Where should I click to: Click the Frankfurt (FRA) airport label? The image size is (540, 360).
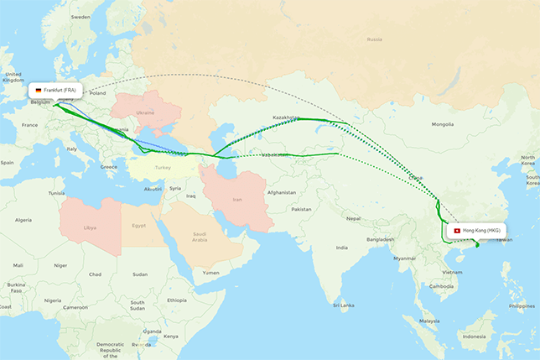(63, 89)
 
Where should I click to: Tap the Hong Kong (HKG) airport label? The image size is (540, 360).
(481, 230)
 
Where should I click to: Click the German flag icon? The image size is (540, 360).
(39, 89)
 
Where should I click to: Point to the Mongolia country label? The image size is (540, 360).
(442, 124)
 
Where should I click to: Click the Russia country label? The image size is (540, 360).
(374, 39)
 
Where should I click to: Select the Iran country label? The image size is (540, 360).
(237, 201)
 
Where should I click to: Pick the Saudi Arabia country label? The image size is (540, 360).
(200, 237)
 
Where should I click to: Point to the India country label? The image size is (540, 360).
(342, 248)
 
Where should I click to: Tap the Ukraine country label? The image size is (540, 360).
(145, 112)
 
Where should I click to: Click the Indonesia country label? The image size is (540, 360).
(474, 337)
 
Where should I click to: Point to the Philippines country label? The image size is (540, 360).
(521, 305)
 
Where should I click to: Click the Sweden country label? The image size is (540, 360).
(80, 17)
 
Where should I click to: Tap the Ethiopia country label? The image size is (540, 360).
(177, 300)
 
